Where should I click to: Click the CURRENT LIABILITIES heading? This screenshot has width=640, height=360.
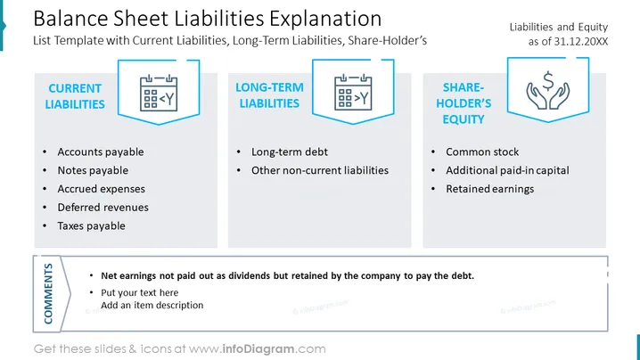click(75, 96)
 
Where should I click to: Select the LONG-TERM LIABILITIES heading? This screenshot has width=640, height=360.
click(269, 95)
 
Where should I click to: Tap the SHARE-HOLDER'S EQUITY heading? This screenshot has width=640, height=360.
click(464, 103)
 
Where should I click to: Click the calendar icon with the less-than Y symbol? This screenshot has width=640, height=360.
click(159, 93)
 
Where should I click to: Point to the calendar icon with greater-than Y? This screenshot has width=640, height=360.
click(353, 93)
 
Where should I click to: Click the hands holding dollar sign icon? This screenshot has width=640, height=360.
click(548, 90)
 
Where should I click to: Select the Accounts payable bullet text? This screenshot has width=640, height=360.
click(101, 151)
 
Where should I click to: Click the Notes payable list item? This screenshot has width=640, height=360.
click(93, 170)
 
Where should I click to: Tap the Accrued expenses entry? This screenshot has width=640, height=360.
click(102, 189)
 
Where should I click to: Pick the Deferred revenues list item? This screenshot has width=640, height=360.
click(103, 207)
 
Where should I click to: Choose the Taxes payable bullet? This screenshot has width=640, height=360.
click(91, 225)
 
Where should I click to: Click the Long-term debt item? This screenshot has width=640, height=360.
click(290, 151)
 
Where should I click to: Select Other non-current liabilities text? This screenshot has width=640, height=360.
click(320, 170)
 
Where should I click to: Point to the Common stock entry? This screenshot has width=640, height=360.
click(482, 151)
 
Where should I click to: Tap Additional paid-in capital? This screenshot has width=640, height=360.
click(507, 170)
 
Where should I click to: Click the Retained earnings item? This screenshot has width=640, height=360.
click(489, 189)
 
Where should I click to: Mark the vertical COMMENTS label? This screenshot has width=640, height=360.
click(48, 293)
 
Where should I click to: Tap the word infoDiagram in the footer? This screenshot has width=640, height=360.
click(258, 348)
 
